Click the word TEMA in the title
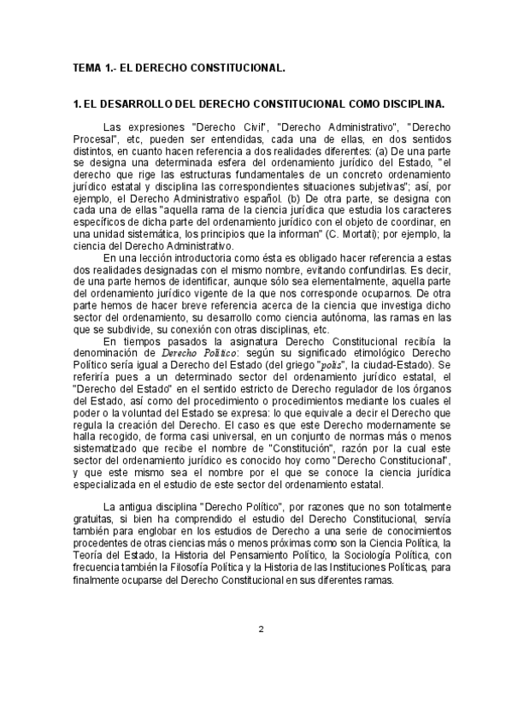pos(87,65)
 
